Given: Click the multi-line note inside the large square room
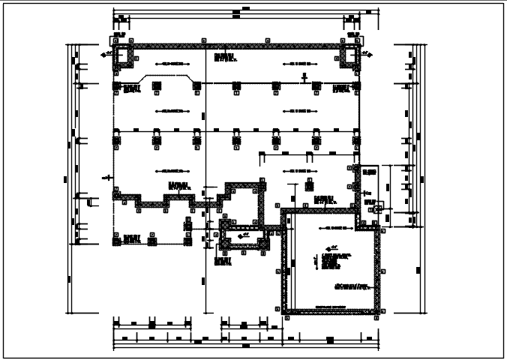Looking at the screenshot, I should click(336, 261).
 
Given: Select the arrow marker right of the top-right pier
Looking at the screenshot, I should click(367, 54).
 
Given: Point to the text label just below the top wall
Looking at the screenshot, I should click(224, 57).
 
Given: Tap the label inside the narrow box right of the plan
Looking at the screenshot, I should click(368, 173).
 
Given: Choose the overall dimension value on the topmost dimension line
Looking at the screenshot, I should click(236, 11).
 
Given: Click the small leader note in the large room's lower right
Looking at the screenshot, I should click(352, 286).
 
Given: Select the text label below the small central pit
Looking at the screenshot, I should click(222, 261).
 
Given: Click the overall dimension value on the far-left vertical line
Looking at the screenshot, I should click(66, 178).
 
